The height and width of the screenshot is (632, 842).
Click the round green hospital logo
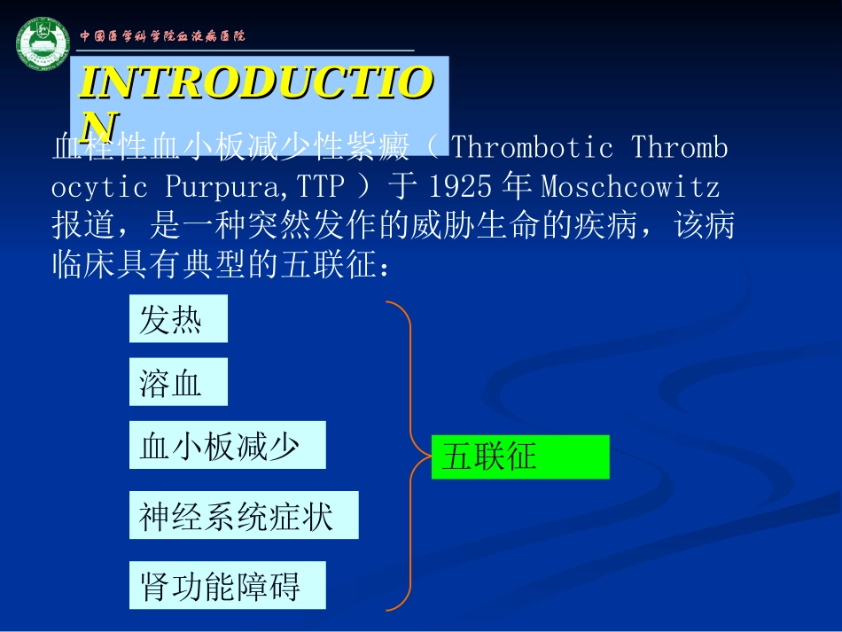pyautogui.click(x=42, y=42)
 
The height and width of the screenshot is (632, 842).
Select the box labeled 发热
pyautogui.click(x=178, y=319)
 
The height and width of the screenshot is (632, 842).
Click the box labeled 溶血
pyautogui.click(x=178, y=382)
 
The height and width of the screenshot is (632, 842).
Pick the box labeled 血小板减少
pyautogui.click(x=227, y=445)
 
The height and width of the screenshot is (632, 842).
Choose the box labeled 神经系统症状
pyautogui.click(x=244, y=515)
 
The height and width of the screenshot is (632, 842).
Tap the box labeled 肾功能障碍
pyautogui.click(x=227, y=585)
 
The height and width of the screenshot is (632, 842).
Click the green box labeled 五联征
pyautogui.click(x=520, y=457)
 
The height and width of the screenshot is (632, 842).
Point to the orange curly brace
pyautogui.click(x=403, y=456)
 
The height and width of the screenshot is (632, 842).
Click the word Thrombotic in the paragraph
pyautogui.click(x=532, y=147)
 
